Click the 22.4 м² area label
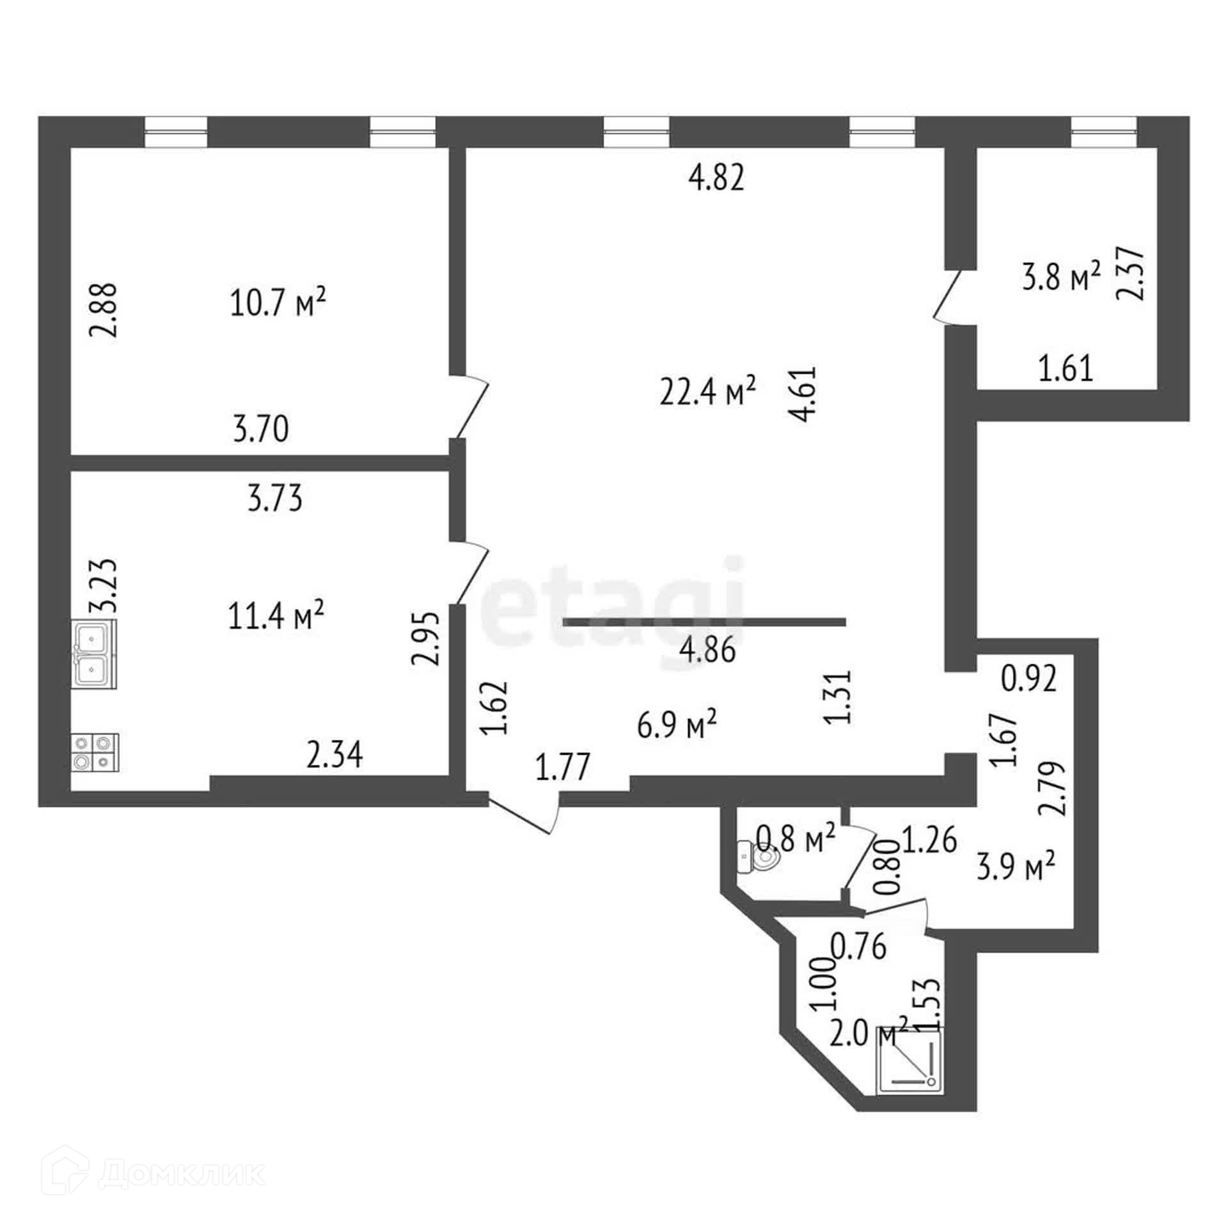[708, 393]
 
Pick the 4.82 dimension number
[716, 178]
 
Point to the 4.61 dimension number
[803, 394]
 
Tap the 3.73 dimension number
[275, 499]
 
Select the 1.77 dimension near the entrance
[563, 767]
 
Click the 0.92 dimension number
[1029, 679]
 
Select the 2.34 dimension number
[335, 755]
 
